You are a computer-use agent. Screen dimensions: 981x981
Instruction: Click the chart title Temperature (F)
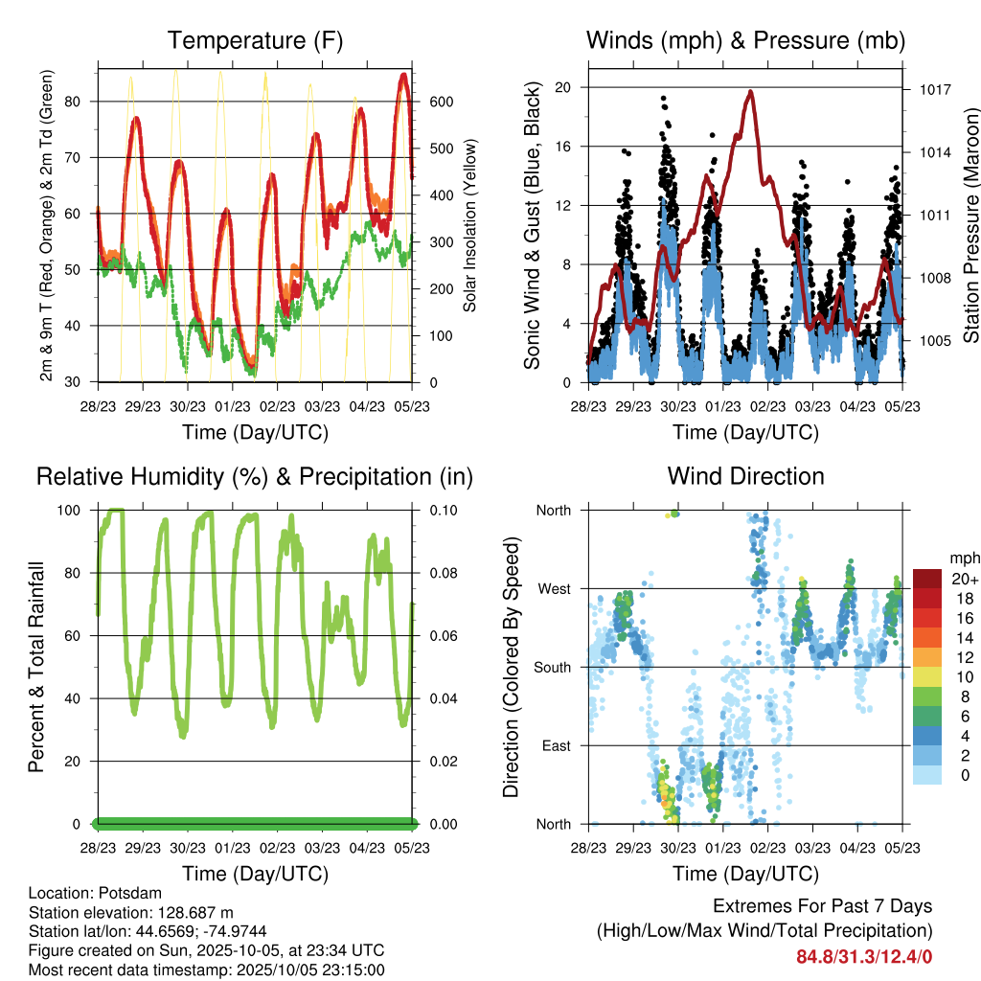point(255,40)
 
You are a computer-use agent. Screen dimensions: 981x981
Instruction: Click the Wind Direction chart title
point(745,475)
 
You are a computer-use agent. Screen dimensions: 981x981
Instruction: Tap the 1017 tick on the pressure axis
point(933,89)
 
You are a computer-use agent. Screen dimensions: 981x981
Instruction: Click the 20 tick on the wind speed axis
point(563,87)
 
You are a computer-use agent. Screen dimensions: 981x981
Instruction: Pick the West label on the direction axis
point(553,588)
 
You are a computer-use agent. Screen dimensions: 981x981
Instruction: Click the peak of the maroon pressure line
point(751,92)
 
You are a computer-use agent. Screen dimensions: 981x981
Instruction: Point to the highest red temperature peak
point(404,74)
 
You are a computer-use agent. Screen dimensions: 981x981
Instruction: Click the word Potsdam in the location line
point(123,892)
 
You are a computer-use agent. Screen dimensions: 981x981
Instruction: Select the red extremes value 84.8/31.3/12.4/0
point(864,956)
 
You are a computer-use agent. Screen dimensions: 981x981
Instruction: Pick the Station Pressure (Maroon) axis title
point(970,225)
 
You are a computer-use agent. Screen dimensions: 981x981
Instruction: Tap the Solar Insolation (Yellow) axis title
point(470,225)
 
